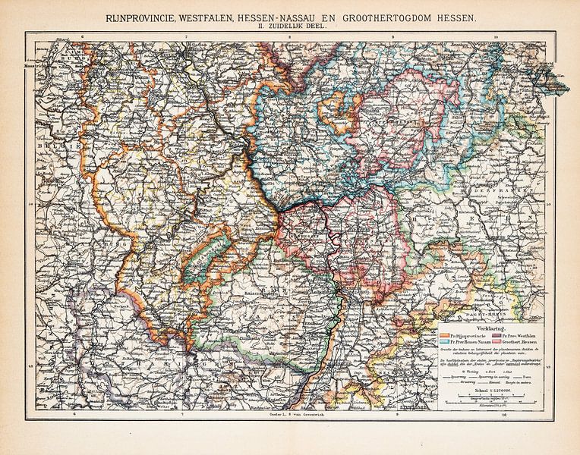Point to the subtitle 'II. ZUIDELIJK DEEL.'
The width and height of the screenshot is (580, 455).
289,28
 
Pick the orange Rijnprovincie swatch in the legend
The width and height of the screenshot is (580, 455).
445,331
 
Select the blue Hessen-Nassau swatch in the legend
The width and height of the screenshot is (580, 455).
445,340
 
